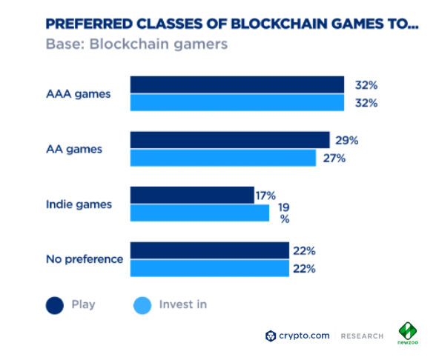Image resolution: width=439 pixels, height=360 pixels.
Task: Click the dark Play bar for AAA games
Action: [237, 84]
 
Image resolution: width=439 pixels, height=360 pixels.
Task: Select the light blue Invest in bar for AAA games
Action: [237, 102]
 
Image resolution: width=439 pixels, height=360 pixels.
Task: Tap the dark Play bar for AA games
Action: [230, 140]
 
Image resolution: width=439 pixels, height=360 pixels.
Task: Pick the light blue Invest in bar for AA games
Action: [222, 158]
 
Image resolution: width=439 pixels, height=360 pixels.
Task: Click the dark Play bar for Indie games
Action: [192, 195]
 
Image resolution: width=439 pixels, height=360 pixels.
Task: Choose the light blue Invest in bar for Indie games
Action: [199, 213]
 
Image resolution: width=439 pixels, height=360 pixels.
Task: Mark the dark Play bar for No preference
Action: [209, 250]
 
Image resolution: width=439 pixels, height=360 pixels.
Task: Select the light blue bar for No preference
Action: [209, 268]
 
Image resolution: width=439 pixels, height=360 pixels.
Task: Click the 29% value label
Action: [347, 140]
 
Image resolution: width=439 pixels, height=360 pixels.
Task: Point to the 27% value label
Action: [333, 158]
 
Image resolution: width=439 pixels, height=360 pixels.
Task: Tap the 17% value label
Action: [265, 196]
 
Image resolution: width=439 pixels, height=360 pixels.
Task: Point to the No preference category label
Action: [83, 259]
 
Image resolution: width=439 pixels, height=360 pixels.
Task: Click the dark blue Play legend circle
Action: [54, 304]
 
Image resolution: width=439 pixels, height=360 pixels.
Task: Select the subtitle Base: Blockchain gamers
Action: [136, 44]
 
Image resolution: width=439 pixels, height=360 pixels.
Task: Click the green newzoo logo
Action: [407, 330]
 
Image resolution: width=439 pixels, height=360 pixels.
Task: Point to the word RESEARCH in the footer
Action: [362, 336]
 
